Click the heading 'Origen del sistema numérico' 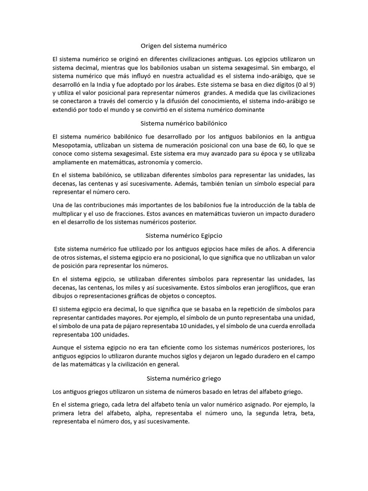[x=184, y=46]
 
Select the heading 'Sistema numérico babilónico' [x=184, y=124]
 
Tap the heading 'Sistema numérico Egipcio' [x=184, y=236]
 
